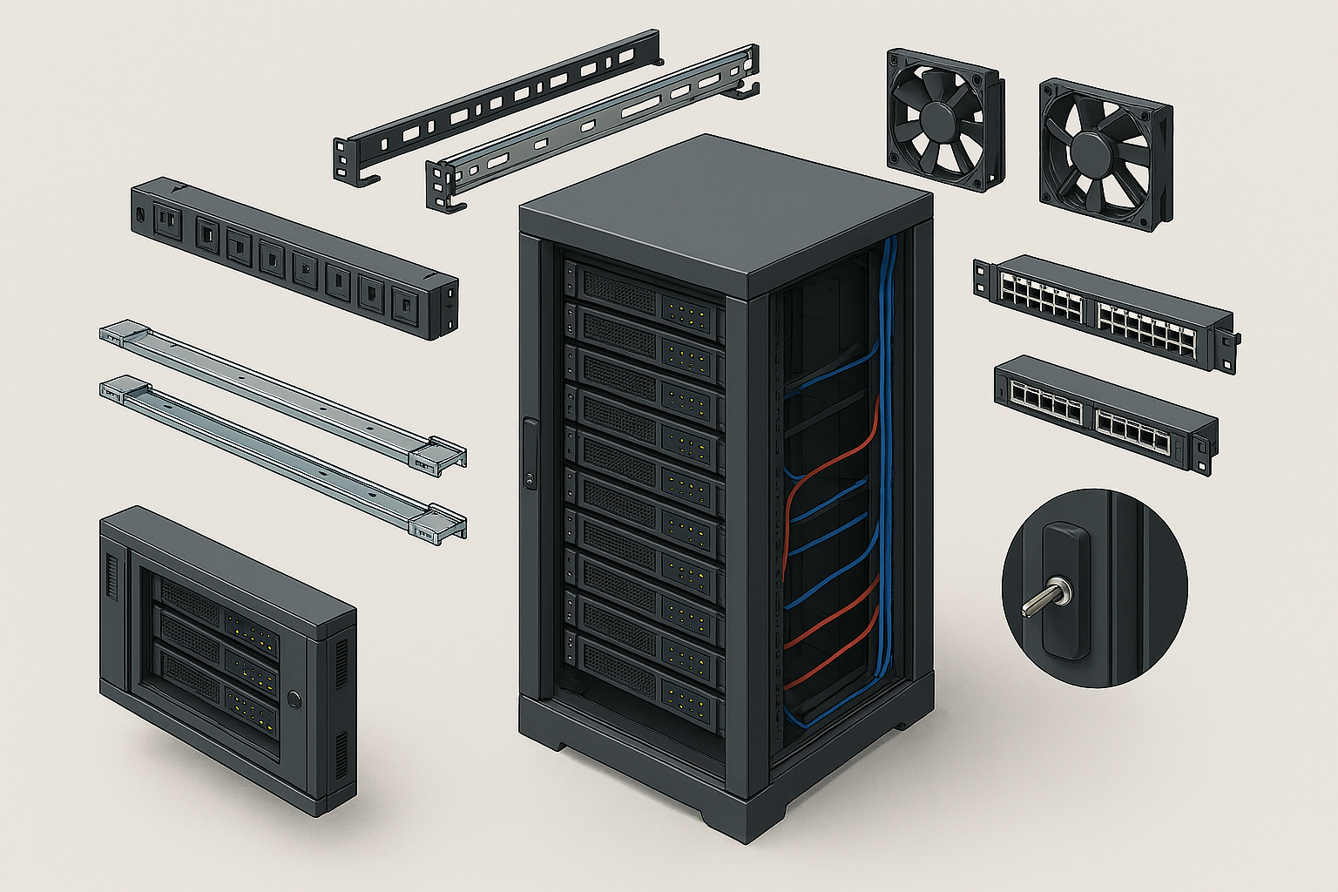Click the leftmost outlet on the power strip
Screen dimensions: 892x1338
coord(166,220)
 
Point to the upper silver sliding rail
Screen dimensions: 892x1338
coord(283,392)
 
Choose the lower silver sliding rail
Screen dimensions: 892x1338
coord(283,456)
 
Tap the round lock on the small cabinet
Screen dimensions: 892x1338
coord(294,698)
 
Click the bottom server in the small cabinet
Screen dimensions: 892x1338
coord(218,688)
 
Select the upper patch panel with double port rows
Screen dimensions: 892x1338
coord(1102,310)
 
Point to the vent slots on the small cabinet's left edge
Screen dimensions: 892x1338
coord(111,578)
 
